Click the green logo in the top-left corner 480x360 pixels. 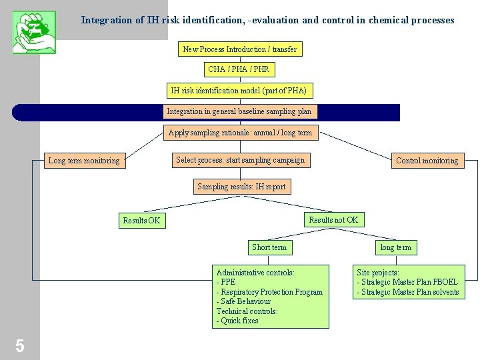(34, 31)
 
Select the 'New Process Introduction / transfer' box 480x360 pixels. (240, 49)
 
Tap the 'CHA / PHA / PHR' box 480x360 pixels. (239, 69)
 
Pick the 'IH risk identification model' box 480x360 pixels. (239, 91)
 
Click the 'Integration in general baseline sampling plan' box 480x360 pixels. (239, 112)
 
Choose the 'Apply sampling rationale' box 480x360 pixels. (240, 133)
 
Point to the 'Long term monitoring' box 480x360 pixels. (84, 161)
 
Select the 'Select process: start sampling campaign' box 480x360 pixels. (240, 160)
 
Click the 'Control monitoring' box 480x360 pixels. (427, 161)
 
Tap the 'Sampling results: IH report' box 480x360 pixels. (241, 187)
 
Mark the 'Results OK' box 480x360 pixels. (141, 221)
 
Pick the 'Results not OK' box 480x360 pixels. (333, 220)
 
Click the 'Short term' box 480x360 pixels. (269, 247)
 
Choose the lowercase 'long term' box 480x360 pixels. (395, 247)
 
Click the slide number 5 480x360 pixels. (20, 345)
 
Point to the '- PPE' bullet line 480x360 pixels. (226, 282)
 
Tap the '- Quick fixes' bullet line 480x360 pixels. (237, 321)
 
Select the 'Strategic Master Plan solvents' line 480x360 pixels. (408, 292)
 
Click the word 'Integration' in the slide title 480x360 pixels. (107, 20)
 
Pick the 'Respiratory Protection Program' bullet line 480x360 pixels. (269, 292)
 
